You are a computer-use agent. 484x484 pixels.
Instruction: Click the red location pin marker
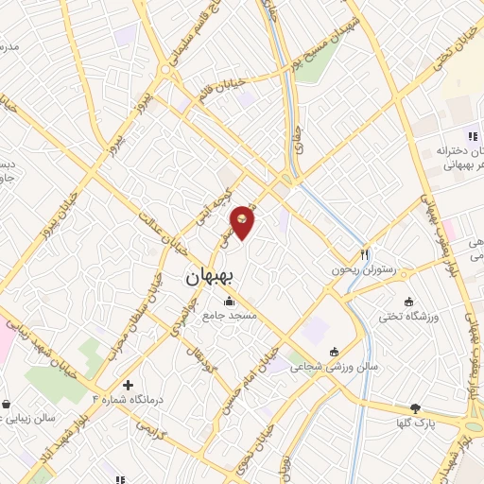(x=243, y=222)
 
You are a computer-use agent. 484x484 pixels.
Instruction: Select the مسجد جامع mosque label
(x=227, y=316)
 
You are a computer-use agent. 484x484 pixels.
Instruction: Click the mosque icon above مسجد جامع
(x=228, y=302)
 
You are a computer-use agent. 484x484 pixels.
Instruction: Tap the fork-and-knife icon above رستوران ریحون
(x=364, y=254)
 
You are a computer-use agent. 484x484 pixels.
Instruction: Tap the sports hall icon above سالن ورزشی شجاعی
(x=333, y=351)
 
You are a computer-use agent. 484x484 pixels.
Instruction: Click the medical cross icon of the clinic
(x=128, y=385)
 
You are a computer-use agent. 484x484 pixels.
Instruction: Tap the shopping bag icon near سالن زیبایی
(x=8, y=405)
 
